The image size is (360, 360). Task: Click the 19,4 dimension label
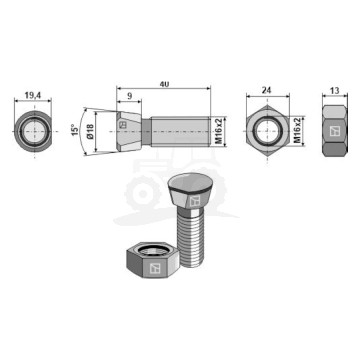point(33,95)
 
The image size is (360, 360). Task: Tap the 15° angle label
point(76,130)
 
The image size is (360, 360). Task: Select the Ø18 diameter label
point(90,131)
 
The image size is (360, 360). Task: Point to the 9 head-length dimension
point(129,96)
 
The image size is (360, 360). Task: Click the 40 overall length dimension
point(163,84)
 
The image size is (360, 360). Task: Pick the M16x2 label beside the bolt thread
point(219,131)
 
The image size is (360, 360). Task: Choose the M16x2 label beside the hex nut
point(298,130)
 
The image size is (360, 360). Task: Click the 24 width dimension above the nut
point(267,90)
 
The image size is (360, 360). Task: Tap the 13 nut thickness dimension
point(335,90)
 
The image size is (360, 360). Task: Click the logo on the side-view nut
point(335,131)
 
